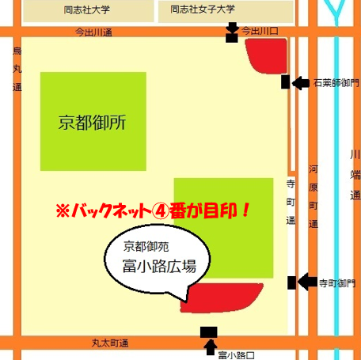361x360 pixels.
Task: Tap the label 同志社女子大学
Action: pyautogui.click(x=203, y=10)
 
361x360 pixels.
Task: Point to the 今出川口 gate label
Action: pyautogui.click(x=260, y=31)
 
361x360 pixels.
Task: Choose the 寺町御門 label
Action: pyautogui.click(x=337, y=282)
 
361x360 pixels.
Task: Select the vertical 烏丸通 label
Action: pyautogui.click(x=17, y=70)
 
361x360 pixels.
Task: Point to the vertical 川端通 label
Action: pyautogui.click(x=355, y=174)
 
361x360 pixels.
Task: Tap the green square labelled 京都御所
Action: pyautogui.click(x=93, y=123)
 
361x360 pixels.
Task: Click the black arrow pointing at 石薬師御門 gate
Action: pyautogui.click(x=301, y=82)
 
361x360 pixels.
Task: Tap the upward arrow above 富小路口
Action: pyautogui.click(x=209, y=346)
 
